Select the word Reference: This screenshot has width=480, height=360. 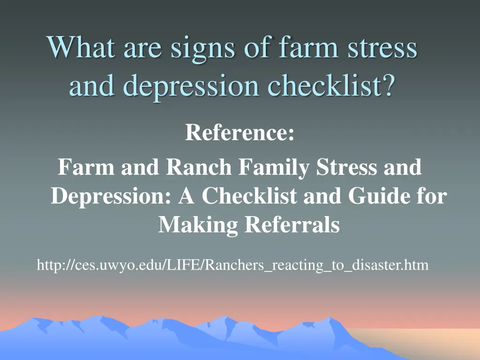pos(240,133)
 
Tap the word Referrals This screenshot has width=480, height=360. pos(292,225)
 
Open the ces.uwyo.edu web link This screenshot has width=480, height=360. pos(232,266)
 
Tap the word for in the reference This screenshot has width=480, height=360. pos(431,196)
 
